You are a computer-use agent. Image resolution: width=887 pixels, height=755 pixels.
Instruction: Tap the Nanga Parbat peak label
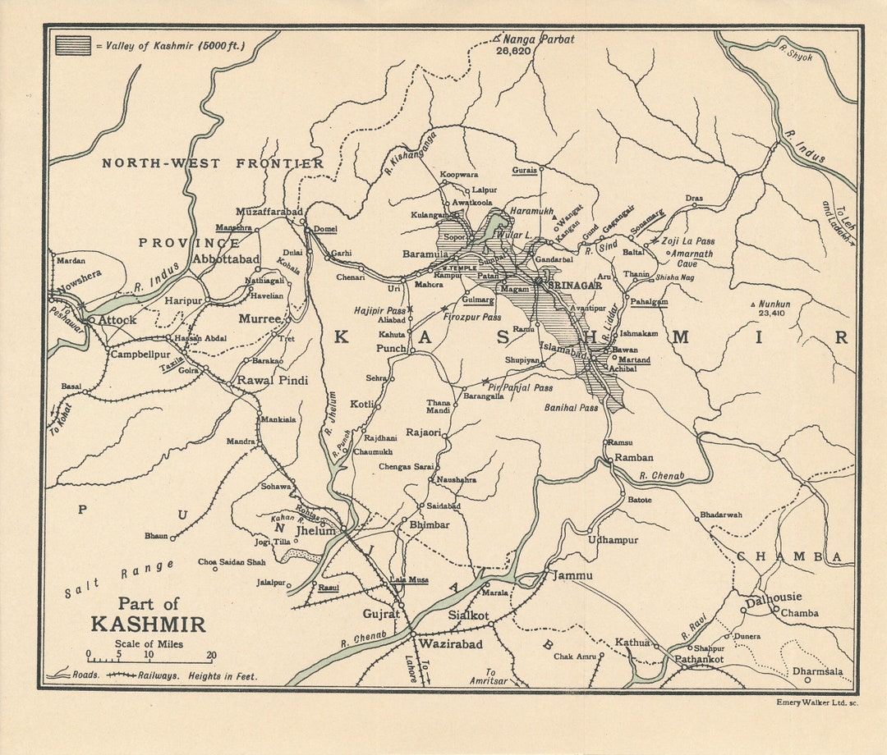538,39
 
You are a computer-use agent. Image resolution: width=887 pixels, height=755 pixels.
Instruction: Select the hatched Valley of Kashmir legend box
73,45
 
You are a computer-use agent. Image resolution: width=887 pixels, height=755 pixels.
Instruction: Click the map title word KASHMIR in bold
148,624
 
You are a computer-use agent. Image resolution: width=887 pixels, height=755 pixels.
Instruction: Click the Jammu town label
572,575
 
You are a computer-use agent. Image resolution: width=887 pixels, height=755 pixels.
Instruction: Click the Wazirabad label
450,645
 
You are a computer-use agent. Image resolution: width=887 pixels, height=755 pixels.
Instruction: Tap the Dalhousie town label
773,597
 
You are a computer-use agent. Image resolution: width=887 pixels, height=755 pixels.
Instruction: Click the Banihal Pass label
571,408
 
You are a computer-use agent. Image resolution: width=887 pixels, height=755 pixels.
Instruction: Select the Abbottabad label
225,259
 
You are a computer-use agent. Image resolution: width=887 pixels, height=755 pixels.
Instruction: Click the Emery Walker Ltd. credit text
817,702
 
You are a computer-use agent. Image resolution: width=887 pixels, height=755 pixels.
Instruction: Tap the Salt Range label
119,579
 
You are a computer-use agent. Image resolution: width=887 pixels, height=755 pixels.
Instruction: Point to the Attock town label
117,320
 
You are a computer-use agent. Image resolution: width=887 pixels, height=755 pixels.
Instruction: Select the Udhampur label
613,540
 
